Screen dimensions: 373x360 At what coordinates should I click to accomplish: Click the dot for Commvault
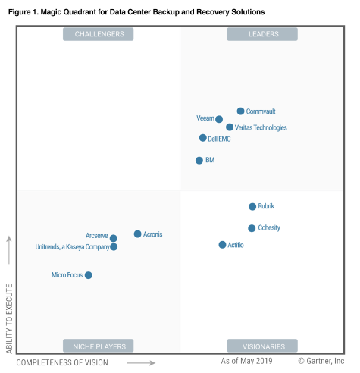click(240, 111)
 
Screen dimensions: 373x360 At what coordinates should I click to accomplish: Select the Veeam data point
click(219, 119)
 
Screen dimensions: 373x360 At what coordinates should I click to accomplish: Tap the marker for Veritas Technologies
click(230, 127)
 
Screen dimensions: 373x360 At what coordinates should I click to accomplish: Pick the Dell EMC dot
click(203, 138)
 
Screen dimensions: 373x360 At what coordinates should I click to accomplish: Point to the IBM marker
click(199, 161)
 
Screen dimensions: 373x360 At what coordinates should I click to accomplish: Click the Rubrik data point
click(252, 206)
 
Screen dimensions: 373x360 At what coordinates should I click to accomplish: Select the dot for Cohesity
click(252, 228)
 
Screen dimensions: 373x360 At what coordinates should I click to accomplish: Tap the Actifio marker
click(222, 245)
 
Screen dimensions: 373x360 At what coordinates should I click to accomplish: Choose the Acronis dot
click(137, 234)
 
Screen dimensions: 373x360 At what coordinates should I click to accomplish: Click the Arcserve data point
click(114, 238)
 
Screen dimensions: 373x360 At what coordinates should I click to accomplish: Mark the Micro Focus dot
click(89, 275)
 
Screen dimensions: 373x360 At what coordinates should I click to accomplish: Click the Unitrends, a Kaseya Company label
click(72, 247)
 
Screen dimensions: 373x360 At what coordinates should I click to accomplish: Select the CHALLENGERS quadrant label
click(99, 34)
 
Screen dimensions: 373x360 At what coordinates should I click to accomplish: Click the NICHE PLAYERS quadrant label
click(99, 346)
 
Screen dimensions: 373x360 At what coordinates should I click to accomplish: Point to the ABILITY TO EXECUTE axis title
click(10, 318)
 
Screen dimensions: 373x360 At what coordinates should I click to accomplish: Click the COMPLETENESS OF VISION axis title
click(62, 363)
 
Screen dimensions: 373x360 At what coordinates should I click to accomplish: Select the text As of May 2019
click(248, 362)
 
